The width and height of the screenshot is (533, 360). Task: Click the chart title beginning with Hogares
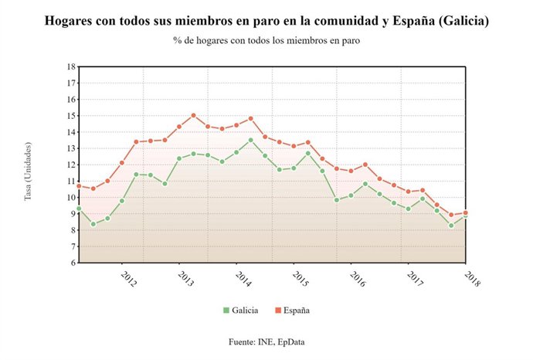266,21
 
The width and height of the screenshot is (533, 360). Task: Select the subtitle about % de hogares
266,40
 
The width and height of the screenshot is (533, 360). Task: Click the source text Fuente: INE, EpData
266,341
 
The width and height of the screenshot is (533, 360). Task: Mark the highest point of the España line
193,115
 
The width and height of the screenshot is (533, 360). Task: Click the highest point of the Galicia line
250,140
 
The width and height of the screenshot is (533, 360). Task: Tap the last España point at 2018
466,212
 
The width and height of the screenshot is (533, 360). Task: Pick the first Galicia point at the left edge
79,209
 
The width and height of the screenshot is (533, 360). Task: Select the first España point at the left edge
79,185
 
